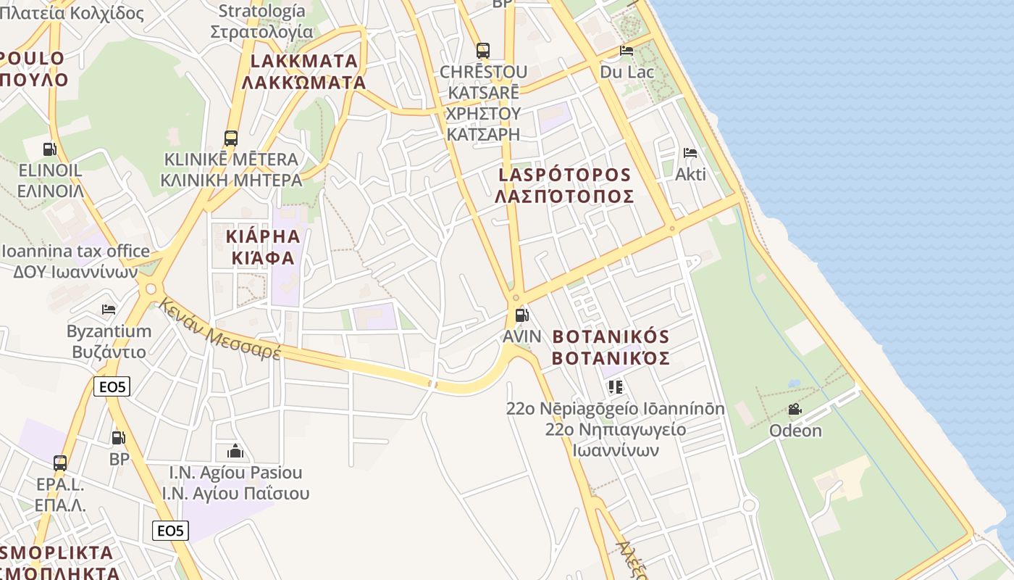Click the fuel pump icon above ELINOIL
click(x=49, y=149)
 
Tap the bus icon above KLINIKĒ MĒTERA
click(x=231, y=138)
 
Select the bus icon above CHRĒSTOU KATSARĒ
click(x=483, y=51)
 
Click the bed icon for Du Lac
click(x=627, y=51)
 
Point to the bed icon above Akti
click(x=690, y=153)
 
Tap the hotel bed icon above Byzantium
click(x=109, y=310)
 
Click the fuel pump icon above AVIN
click(x=521, y=315)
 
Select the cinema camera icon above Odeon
click(x=795, y=409)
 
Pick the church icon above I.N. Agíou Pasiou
click(x=235, y=451)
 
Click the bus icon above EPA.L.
click(x=60, y=463)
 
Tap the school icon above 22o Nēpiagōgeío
click(x=616, y=387)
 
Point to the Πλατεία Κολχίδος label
click(x=72, y=12)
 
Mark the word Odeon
click(x=795, y=431)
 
